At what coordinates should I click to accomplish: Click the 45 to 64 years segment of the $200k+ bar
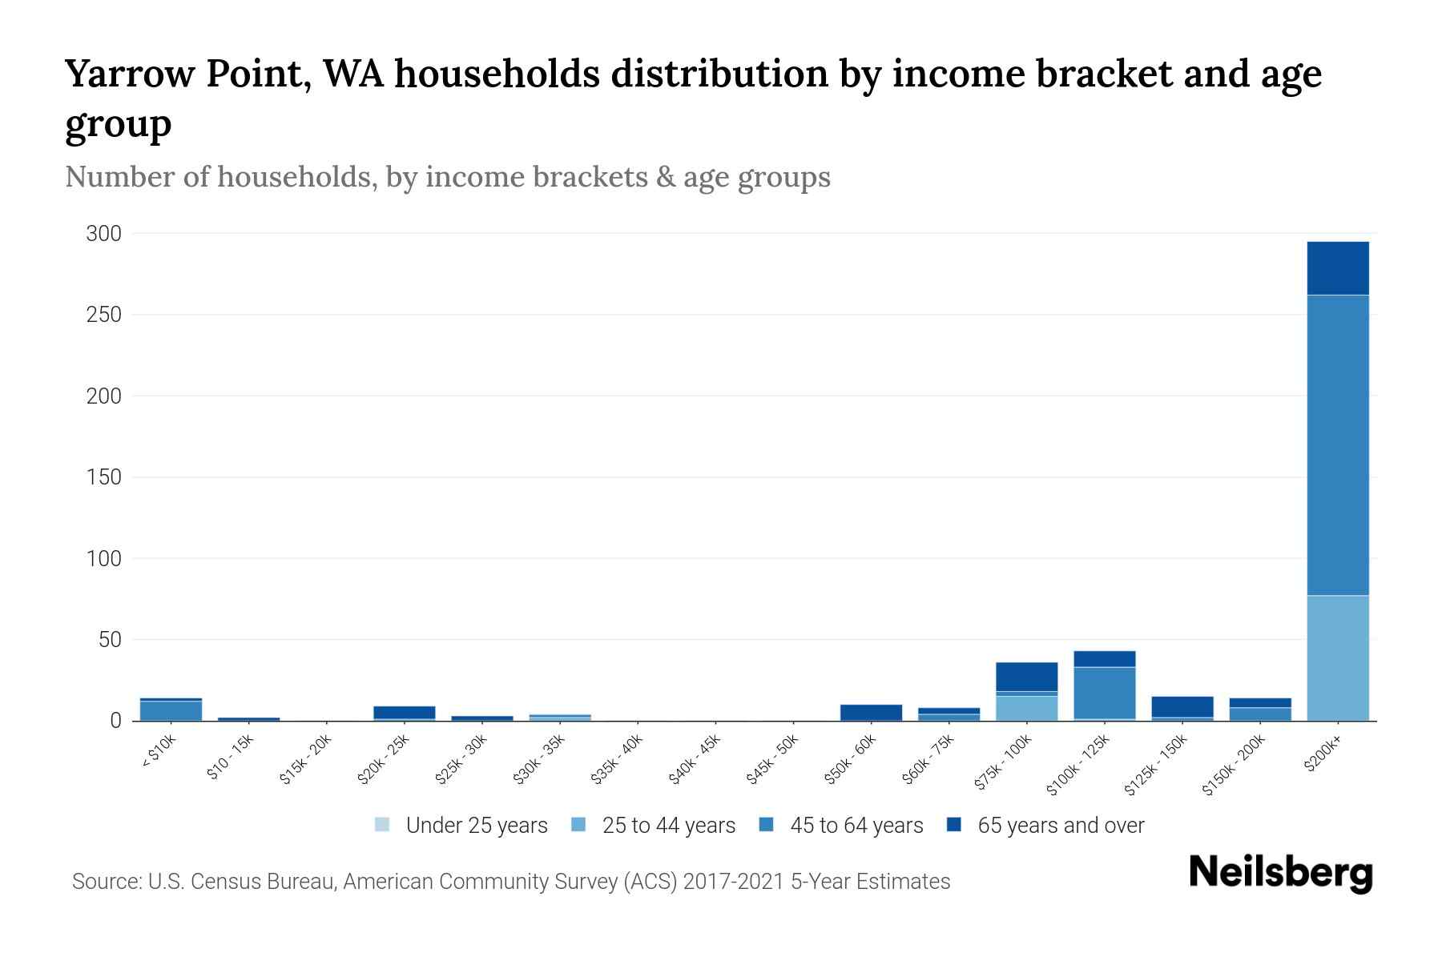pyautogui.click(x=1337, y=444)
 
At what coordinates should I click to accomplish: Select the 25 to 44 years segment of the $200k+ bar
pyautogui.click(x=1337, y=657)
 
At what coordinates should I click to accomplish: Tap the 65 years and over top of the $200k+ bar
pyautogui.click(x=1337, y=268)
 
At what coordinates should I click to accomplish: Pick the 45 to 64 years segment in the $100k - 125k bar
pyautogui.click(x=1104, y=693)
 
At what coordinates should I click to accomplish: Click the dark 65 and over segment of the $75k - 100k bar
pyautogui.click(x=1026, y=677)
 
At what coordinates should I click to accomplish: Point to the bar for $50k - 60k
pyautogui.click(x=871, y=712)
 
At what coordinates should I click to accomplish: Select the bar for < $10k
pyautogui.click(x=171, y=710)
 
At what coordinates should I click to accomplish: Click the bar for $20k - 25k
pyautogui.click(x=404, y=712)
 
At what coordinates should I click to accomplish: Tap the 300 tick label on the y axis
pyautogui.click(x=104, y=234)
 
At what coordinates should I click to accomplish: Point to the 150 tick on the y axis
pyautogui.click(x=104, y=477)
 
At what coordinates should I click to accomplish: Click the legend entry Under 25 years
pyautogui.click(x=476, y=826)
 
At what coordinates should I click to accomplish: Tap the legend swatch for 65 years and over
pyautogui.click(x=953, y=825)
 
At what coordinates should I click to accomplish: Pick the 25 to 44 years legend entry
pyautogui.click(x=668, y=826)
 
